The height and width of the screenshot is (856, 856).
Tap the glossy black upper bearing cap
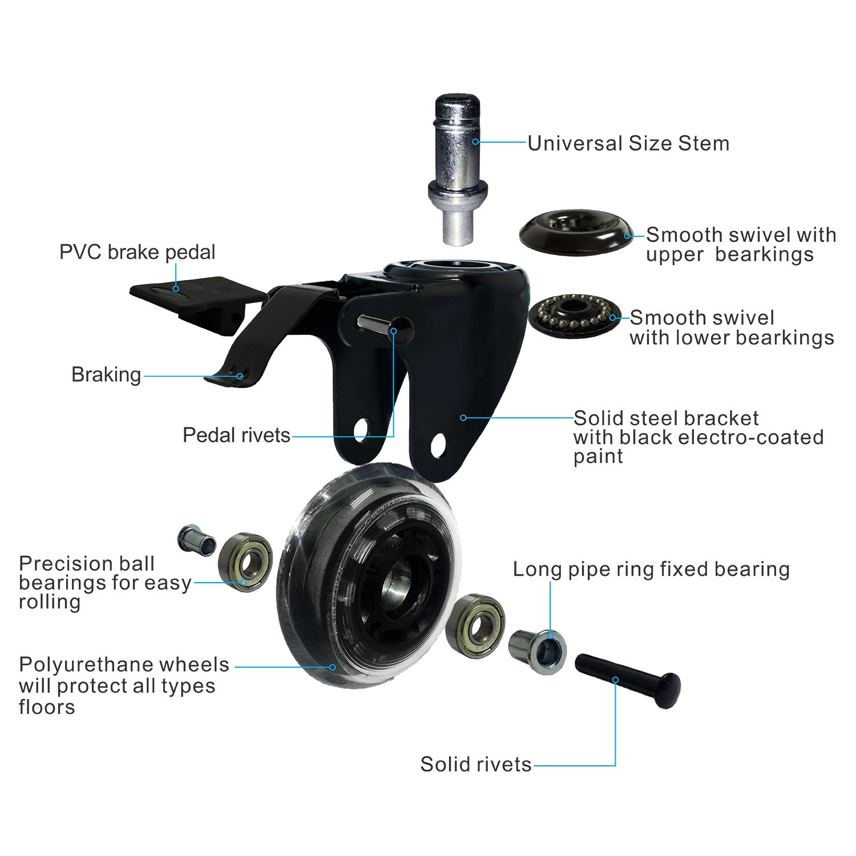(x=575, y=232)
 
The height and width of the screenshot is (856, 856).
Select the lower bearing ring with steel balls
(x=574, y=313)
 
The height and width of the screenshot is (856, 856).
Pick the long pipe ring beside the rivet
(x=537, y=651)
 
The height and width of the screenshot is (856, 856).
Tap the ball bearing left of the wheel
(x=246, y=563)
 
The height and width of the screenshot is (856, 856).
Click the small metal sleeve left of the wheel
(x=196, y=539)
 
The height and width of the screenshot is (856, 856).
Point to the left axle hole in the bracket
(x=362, y=430)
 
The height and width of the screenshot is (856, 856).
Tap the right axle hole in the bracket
(x=438, y=445)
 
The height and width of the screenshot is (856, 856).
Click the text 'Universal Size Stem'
(x=628, y=143)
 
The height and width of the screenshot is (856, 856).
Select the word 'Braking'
(x=106, y=375)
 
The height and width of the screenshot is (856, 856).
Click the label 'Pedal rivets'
(x=236, y=435)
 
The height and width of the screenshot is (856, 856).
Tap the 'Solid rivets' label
(x=475, y=764)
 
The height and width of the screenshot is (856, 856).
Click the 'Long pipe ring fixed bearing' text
(x=651, y=569)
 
